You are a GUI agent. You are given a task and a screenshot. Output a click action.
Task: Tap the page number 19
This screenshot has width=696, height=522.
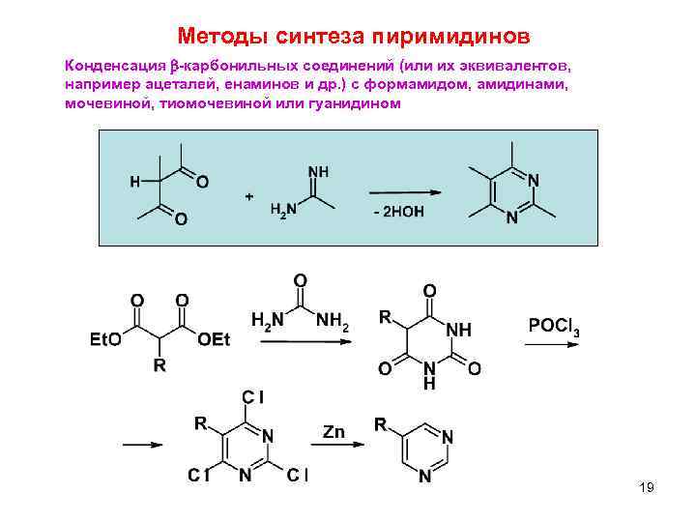tap(647, 487)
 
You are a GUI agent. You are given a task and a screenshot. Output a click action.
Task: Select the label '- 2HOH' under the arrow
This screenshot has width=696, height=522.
tap(398, 213)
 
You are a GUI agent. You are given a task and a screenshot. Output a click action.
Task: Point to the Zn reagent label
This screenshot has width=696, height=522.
tap(333, 431)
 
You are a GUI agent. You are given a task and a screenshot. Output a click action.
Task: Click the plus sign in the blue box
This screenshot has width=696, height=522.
tap(249, 196)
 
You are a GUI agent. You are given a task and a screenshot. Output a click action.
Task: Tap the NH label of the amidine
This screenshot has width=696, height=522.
tap(317, 171)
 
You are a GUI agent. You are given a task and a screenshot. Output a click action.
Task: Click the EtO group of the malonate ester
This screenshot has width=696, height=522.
tap(104, 340)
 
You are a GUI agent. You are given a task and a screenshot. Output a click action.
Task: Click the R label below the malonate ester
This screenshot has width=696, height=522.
tap(160, 365)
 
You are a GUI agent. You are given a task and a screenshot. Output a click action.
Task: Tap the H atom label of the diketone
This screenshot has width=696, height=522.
tap(134, 181)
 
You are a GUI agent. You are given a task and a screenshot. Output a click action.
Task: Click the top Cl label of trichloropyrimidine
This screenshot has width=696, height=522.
tap(253, 397)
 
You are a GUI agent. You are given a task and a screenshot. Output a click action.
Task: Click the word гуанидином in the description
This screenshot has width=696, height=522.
tap(349, 102)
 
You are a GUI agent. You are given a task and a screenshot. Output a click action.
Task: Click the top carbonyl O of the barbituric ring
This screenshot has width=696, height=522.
tap(429, 290)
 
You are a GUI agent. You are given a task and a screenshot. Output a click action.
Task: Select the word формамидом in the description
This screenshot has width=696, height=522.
tap(434, 85)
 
